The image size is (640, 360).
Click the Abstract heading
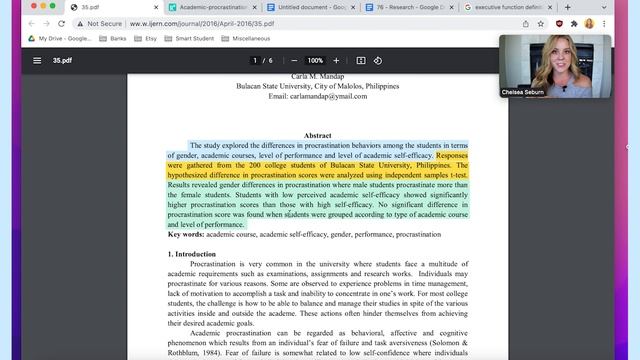tap(317, 135)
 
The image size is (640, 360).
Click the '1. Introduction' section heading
tap(193, 255)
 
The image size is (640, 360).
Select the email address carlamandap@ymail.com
tap(317, 97)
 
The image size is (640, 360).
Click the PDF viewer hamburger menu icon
tap(37, 60)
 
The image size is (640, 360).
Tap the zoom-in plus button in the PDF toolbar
tap(338, 60)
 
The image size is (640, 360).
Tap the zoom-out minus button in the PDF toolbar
tap(293, 60)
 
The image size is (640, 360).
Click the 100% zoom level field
tap(315, 60)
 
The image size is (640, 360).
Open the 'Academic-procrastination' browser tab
tap(211, 8)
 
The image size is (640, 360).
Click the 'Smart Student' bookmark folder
tap(198, 38)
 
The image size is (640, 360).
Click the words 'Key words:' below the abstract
tap(186, 234)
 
